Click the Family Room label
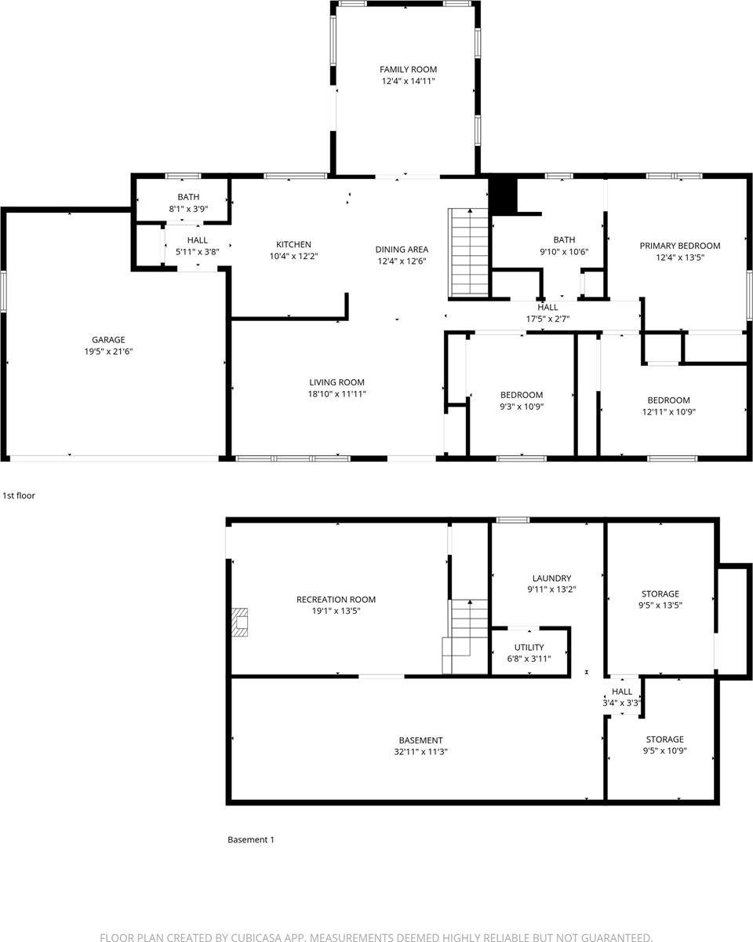tap(408, 70)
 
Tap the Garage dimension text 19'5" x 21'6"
tap(108, 352)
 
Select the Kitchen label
tap(293, 244)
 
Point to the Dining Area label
tap(401, 250)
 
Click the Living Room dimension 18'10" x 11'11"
tap(336, 394)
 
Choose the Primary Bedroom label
tap(679, 246)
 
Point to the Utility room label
tap(529, 648)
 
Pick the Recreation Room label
tap(336, 600)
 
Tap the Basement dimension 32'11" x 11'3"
tap(420, 752)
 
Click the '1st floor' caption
tap(19, 496)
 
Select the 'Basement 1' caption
tap(251, 840)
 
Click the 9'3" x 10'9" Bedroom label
tap(522, 395)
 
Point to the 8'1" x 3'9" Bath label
tap(188, 197)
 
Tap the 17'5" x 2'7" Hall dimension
tap(547, 319)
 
